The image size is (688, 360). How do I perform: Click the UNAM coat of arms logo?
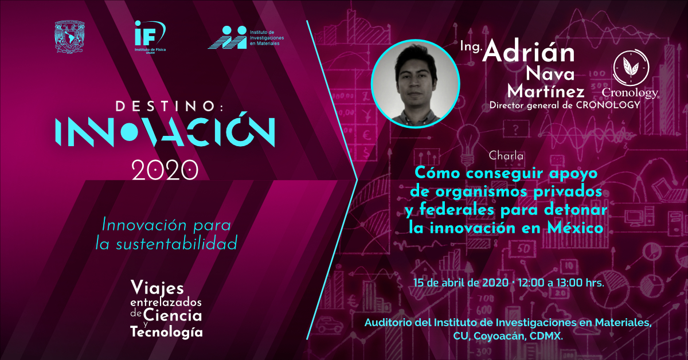pos(69,37)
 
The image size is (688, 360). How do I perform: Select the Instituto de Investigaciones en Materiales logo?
pos(246,37)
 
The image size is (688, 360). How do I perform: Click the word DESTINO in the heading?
pos(166,106)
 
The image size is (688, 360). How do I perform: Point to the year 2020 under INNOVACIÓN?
pos(165,170)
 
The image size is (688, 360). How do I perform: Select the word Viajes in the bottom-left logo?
pos(157,288)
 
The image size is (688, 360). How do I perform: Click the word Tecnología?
pos(166,332)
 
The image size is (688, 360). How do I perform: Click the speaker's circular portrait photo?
pos(415,83)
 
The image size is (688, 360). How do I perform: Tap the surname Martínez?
pos(545,91)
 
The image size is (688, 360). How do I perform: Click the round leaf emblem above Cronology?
pos(631,68)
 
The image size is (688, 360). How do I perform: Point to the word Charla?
pos(506,156)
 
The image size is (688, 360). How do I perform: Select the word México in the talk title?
pos(575,228)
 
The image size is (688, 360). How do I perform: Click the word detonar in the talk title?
pos(576,210)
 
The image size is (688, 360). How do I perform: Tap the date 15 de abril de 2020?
pos(461,283)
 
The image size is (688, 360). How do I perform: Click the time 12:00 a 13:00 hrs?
pos(561,283)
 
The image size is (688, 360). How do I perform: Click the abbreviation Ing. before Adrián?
pos(470,47)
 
